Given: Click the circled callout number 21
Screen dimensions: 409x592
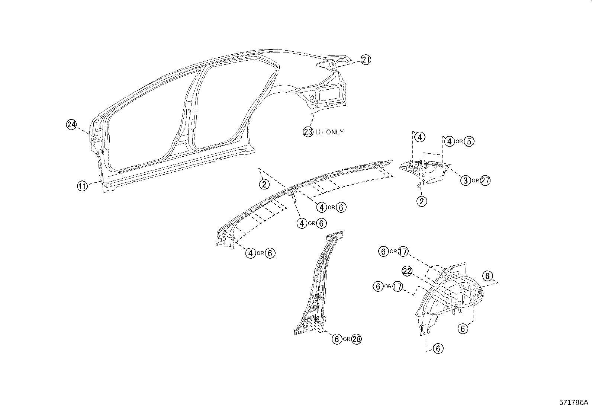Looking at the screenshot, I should tap(366, 60).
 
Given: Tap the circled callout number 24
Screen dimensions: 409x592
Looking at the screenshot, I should tap(71, 125).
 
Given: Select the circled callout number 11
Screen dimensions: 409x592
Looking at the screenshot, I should tap(82, 186).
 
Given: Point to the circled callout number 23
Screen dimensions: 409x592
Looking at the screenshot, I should tap(308, 132).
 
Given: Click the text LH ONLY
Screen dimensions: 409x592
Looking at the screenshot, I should tap(329, 132).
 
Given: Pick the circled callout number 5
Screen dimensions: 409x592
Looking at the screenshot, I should tap(469, 141).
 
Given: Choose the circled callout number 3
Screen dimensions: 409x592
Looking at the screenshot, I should tap(465, 180).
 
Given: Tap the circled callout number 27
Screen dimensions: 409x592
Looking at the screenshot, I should tap(485, 180).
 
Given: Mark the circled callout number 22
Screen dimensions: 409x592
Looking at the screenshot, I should tap(407, 271).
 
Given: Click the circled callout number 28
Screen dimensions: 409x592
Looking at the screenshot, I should tap(356, 339).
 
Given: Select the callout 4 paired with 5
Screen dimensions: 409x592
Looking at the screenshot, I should tap(450, 141).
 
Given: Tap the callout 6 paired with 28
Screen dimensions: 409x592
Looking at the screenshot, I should tap(337, 339).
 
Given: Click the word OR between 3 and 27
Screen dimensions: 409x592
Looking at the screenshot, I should tap(475, 181).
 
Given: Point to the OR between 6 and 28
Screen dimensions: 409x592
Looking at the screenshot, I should tap(347, 339).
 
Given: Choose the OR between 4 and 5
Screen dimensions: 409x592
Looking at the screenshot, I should tap(460, 142).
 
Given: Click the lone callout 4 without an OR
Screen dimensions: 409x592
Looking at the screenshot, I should tap(419, 137).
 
